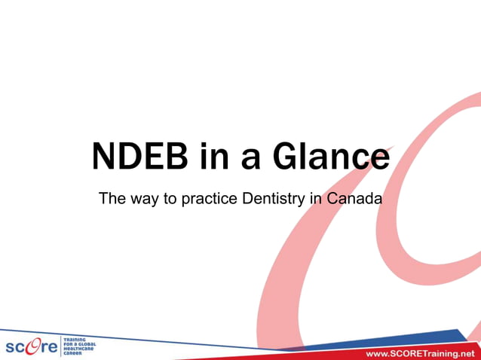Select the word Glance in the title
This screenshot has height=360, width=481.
click(x=332, y=157)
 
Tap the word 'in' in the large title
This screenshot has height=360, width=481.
click(x=216, y=157)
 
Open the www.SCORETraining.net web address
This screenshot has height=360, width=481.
click(x=421, y=353)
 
